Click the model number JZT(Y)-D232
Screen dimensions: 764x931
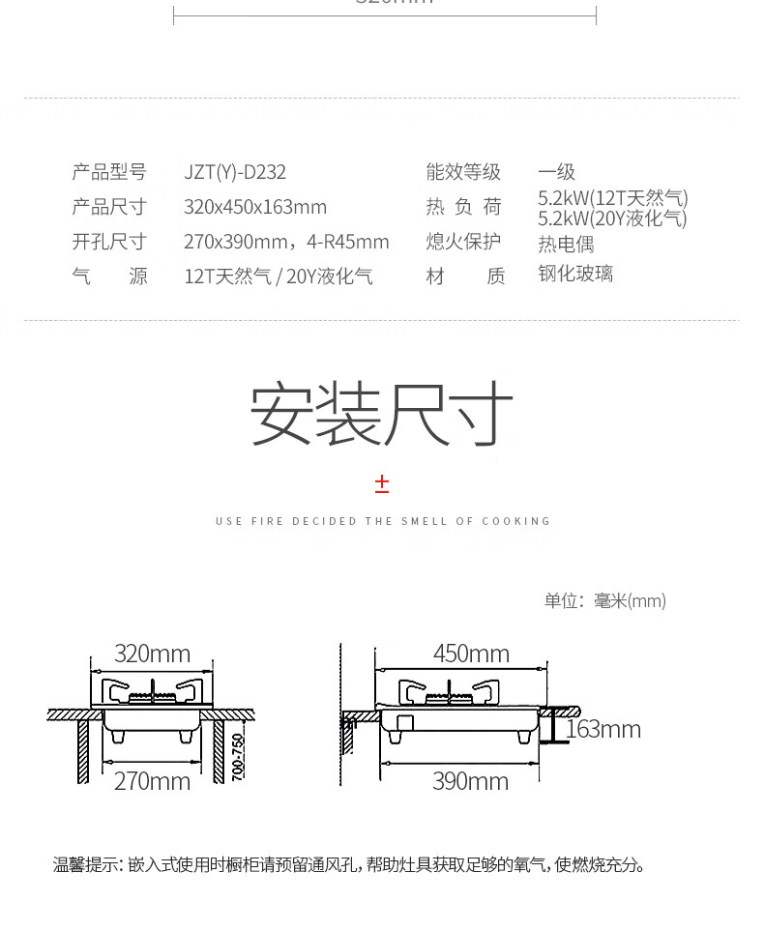[x=235, y=173]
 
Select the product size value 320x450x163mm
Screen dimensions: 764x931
[x=255, y=207]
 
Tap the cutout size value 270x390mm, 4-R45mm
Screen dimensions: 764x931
[x=286, y=242]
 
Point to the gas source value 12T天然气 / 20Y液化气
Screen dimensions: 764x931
[x=279, y=276]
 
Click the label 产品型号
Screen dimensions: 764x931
[x=108, y=173]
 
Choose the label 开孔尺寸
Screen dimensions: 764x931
[x=108, y=242]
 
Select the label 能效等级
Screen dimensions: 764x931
[x=463, y=173]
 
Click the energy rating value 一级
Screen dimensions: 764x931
[x=556, y=173]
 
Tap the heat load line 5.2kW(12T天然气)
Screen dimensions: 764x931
[x=613, y=198]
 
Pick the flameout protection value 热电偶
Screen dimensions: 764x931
[x=566, y=244]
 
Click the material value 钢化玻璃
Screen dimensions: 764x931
[x=575, y=275]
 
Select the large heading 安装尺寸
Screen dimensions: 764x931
[x=381, y=414]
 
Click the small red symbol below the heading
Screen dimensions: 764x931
[x=382, y=483]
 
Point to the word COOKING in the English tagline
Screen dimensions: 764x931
[x=516, y=521]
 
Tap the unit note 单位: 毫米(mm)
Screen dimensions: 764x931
[x=604, y=601]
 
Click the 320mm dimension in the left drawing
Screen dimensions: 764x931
[x=152, y=654]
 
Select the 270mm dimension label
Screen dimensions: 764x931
[x=152, y=781]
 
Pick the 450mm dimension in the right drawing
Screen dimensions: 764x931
[x=471, y=654]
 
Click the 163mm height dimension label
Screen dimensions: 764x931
[x=603, y=730]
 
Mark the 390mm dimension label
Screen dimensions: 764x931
[x=470, y=781]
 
